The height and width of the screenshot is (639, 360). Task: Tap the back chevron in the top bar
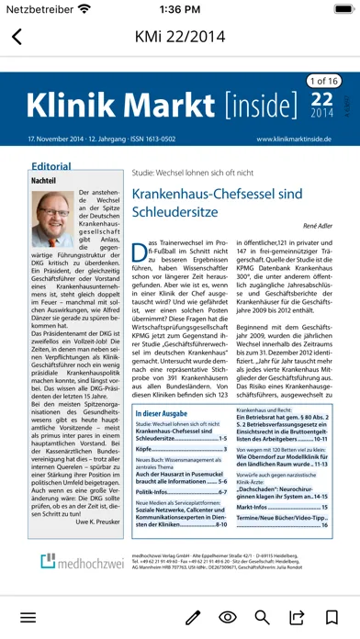click(17, 38)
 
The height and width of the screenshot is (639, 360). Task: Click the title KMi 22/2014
click(179, 38)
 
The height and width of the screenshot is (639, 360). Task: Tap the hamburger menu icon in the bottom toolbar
click(28, 617)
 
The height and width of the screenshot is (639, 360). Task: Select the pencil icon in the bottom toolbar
click(193, 617)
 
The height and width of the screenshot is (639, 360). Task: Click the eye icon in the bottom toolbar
click(228, 617)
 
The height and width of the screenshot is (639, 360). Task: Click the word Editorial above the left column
click(51, 167)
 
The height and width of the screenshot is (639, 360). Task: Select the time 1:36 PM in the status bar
click(179, 8)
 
